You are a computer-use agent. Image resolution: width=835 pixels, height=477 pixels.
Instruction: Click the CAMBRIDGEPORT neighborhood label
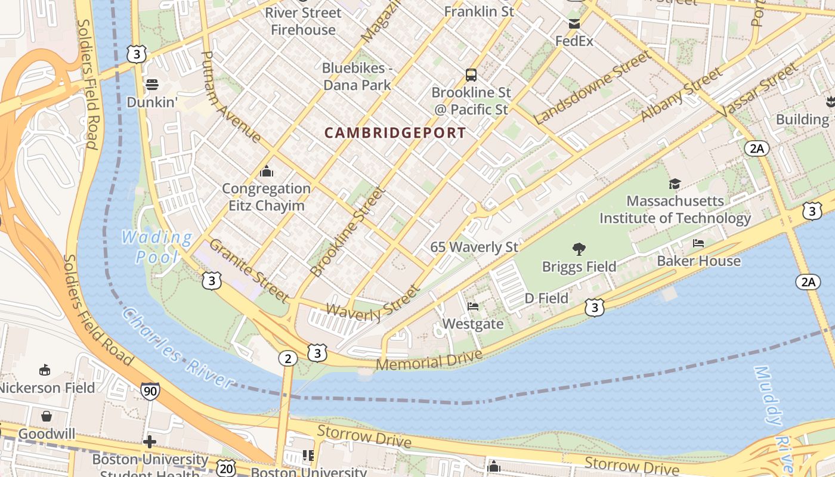point(395,133)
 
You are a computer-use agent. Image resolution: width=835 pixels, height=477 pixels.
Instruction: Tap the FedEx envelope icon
point(574,24)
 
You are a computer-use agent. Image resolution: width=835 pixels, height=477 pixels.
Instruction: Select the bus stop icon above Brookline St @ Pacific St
point(471,75)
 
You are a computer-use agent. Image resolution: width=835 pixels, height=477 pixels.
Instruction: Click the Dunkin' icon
point(152,84)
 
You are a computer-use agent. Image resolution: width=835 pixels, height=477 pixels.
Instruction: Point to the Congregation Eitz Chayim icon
point(267,172)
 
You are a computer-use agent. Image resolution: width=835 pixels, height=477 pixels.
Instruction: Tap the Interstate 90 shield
point(150,392)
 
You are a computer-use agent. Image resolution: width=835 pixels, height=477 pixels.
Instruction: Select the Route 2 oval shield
point(287,358)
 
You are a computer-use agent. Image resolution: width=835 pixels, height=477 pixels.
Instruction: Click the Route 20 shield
point(226,469)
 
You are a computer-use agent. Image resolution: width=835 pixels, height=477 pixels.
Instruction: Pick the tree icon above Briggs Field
point(579,249)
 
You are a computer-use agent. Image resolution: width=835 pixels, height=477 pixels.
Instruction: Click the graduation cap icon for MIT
point(675,184)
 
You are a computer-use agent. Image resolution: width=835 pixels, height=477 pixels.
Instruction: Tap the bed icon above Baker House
point(698,243)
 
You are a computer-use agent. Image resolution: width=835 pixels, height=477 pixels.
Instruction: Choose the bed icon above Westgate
point(473,306)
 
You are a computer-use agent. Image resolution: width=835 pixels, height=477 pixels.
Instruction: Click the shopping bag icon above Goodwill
point(47,416)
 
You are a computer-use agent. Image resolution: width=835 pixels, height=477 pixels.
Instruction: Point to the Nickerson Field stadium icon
point(45,370)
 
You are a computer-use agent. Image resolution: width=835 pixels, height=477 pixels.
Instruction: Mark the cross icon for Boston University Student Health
point(150,442)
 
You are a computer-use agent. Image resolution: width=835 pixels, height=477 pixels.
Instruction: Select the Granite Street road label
point(249,270)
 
